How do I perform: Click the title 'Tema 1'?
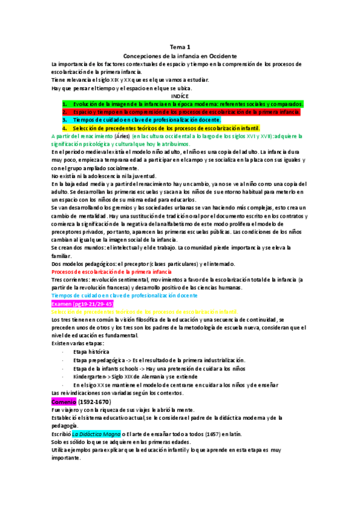coord(179,46)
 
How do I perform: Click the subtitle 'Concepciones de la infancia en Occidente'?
coord(179,55)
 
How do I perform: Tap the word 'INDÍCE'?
coord(180,96)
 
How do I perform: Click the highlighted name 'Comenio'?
coord(64,401)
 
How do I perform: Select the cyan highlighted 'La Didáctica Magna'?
coord(96,433)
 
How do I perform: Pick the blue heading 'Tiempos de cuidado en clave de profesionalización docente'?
coord(124,296)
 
